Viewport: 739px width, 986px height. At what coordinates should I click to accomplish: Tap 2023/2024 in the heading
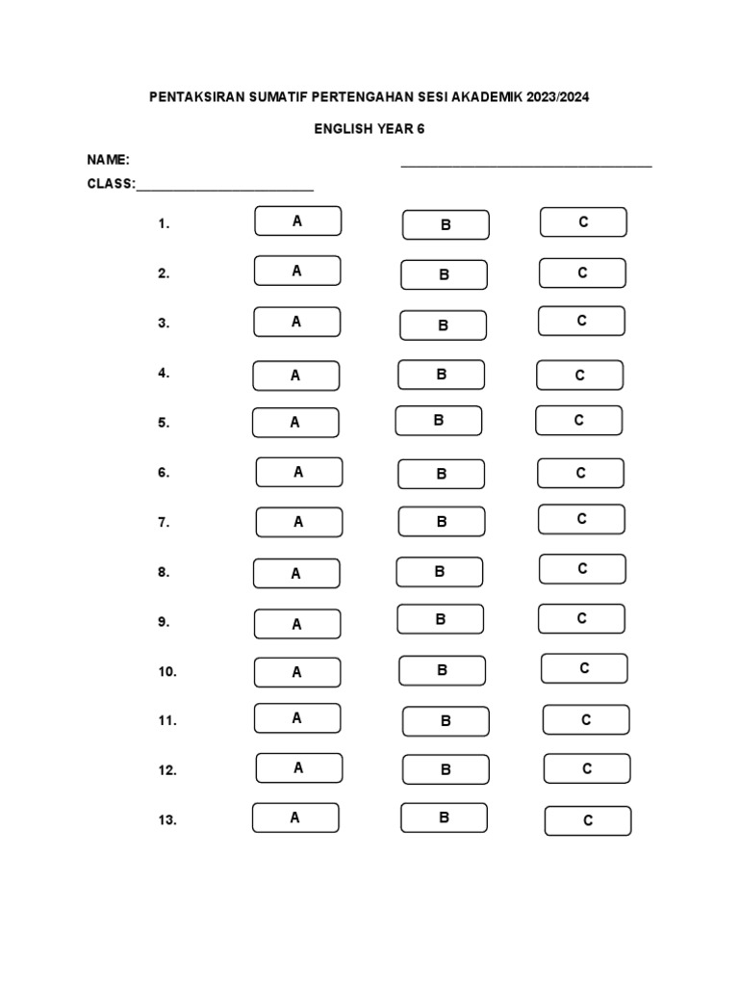click(x=557, y=97)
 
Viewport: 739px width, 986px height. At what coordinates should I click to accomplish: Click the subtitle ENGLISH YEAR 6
click(x=369, y=128)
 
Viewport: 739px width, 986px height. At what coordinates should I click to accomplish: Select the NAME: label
click(x=109, y=160)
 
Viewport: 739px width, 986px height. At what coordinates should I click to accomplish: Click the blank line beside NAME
click(x=526, y=165)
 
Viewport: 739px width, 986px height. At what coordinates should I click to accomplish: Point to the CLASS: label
click(x=112, y=183)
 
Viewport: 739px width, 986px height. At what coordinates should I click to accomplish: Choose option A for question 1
click(x=297, y=221)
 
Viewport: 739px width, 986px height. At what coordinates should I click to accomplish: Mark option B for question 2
click(x=445, y=274)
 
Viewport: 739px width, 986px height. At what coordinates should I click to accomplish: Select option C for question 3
click(x=581, y=321)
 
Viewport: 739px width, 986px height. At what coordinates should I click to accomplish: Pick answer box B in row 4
click(x=442, y=375)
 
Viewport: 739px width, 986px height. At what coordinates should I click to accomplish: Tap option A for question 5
click(x=295, y=422)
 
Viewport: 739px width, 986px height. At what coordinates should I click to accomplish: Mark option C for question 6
click(x=580, y=473)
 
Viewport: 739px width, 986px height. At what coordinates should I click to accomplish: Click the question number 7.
click(x=164, y=523)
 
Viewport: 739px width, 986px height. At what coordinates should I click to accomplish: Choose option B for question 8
click(x=440, y=572)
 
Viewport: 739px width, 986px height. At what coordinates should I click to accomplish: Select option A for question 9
click(x=296, y=624)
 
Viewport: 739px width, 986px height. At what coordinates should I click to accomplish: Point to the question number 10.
click(x=167, y=672)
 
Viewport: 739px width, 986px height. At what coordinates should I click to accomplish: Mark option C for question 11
click(x=586, y=719)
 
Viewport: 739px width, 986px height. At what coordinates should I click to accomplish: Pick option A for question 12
click(x=298, y=767)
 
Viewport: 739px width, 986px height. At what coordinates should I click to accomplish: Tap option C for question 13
click(x=588, y=820)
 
